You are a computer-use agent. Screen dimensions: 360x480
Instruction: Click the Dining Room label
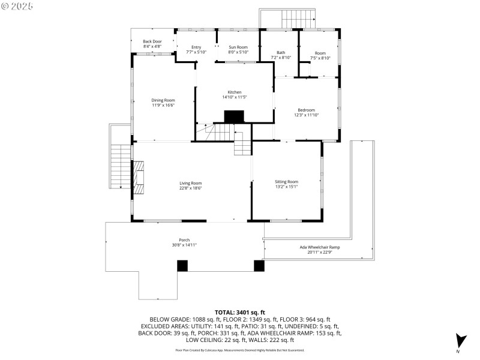tap(163, 100)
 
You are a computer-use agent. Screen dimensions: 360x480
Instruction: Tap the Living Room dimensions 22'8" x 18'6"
tap(190, 188)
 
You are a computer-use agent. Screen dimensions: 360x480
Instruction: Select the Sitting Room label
tap(286, 181)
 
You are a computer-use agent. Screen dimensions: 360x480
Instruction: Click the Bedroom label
tap(306, 110)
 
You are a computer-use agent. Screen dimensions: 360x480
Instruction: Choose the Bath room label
tap(281, 53)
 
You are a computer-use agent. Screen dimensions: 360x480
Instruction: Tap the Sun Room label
tap(238, 47)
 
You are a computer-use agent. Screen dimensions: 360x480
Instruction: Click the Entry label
tap(196, 47)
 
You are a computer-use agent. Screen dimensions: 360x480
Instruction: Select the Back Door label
tap(152, 41)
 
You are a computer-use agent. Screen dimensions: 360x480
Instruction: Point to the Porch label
tap(184, 240)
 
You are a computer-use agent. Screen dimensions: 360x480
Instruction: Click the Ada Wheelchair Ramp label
tap(320, 247)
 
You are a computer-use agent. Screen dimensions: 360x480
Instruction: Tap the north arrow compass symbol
tap(460, 340)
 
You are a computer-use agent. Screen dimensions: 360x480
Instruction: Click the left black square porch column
tap(182, 265)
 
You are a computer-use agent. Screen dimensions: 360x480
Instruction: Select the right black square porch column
tap(259, 265)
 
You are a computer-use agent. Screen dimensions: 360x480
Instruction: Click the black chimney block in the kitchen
tap(233, 116)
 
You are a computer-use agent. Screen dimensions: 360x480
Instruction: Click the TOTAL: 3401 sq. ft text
tap(240, 313)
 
